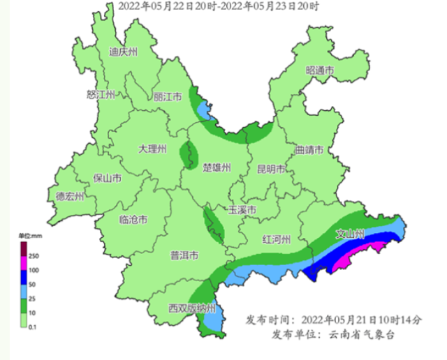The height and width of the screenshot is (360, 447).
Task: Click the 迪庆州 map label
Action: pos(124,52)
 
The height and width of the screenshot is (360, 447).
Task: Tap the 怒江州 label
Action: pos(100,94)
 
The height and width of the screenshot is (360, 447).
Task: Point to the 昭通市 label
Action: pos(320,70)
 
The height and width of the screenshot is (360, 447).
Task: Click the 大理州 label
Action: pos(152,149)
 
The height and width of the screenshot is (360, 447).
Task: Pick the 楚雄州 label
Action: pos(217,167)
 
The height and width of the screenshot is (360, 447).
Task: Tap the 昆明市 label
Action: pos(270,168)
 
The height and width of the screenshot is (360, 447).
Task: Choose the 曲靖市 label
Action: pos(309,149)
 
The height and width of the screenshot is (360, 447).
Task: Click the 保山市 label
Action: pos(108,178)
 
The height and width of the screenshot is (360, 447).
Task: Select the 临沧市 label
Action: pos(133,220)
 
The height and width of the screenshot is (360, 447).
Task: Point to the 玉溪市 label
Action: pos(242,210)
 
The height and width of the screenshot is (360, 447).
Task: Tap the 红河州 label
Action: pos(276,239)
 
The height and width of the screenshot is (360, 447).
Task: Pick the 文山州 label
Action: pos(351,234)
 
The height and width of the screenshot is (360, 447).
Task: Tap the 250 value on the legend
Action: pos(34,256)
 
